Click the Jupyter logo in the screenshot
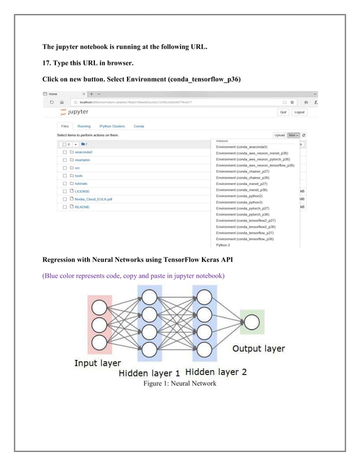tap(73, 112)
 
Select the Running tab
tap(84, 126)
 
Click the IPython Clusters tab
tap(112, 126)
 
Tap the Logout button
tap(299, 112)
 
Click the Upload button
tap(279, 135)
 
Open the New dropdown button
tap(292, 135)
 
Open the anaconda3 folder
tap(83, 152)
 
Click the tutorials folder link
tap(81, 183)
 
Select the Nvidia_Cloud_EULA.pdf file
tap(93, 199)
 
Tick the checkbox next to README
tap(64, 207)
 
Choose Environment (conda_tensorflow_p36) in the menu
tap(245, 239)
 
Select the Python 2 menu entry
tap(223, 245)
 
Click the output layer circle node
tap(252, 323)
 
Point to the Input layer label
tap(98, 363)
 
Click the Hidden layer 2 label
tap(216, 371)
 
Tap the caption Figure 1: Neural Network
tap(179, 384)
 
